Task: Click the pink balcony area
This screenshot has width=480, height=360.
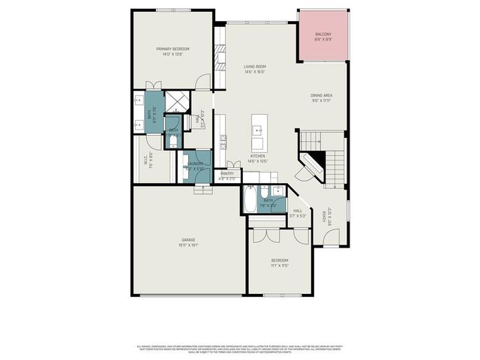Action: click(x=323, y=37)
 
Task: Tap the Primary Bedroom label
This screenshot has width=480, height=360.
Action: click(x=173, y=51)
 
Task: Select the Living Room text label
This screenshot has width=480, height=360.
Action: click(x=255, y=69)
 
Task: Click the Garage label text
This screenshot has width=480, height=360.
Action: click(x=187, y=241)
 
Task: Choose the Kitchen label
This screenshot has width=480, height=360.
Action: click(x=257, y=158)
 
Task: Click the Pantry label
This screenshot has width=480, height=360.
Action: click(x=227, y=175)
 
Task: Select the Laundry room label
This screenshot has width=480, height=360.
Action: click(x=196, y=166)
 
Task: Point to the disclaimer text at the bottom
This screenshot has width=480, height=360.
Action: click(x=240, y=349)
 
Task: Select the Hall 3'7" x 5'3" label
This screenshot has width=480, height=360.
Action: click(x=298, y=213)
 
